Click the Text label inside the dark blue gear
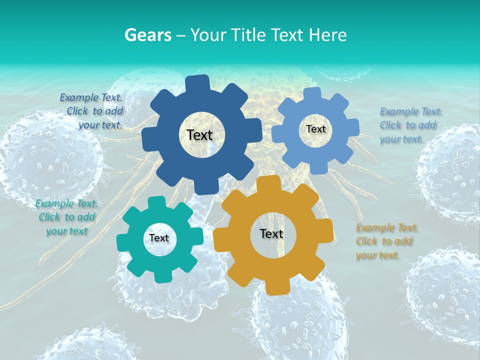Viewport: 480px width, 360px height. pos(199,135)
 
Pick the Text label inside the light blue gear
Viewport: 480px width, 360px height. pos(315,129)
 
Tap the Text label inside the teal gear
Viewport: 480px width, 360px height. pos(159,238)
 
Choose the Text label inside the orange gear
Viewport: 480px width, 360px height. pos(271,233)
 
